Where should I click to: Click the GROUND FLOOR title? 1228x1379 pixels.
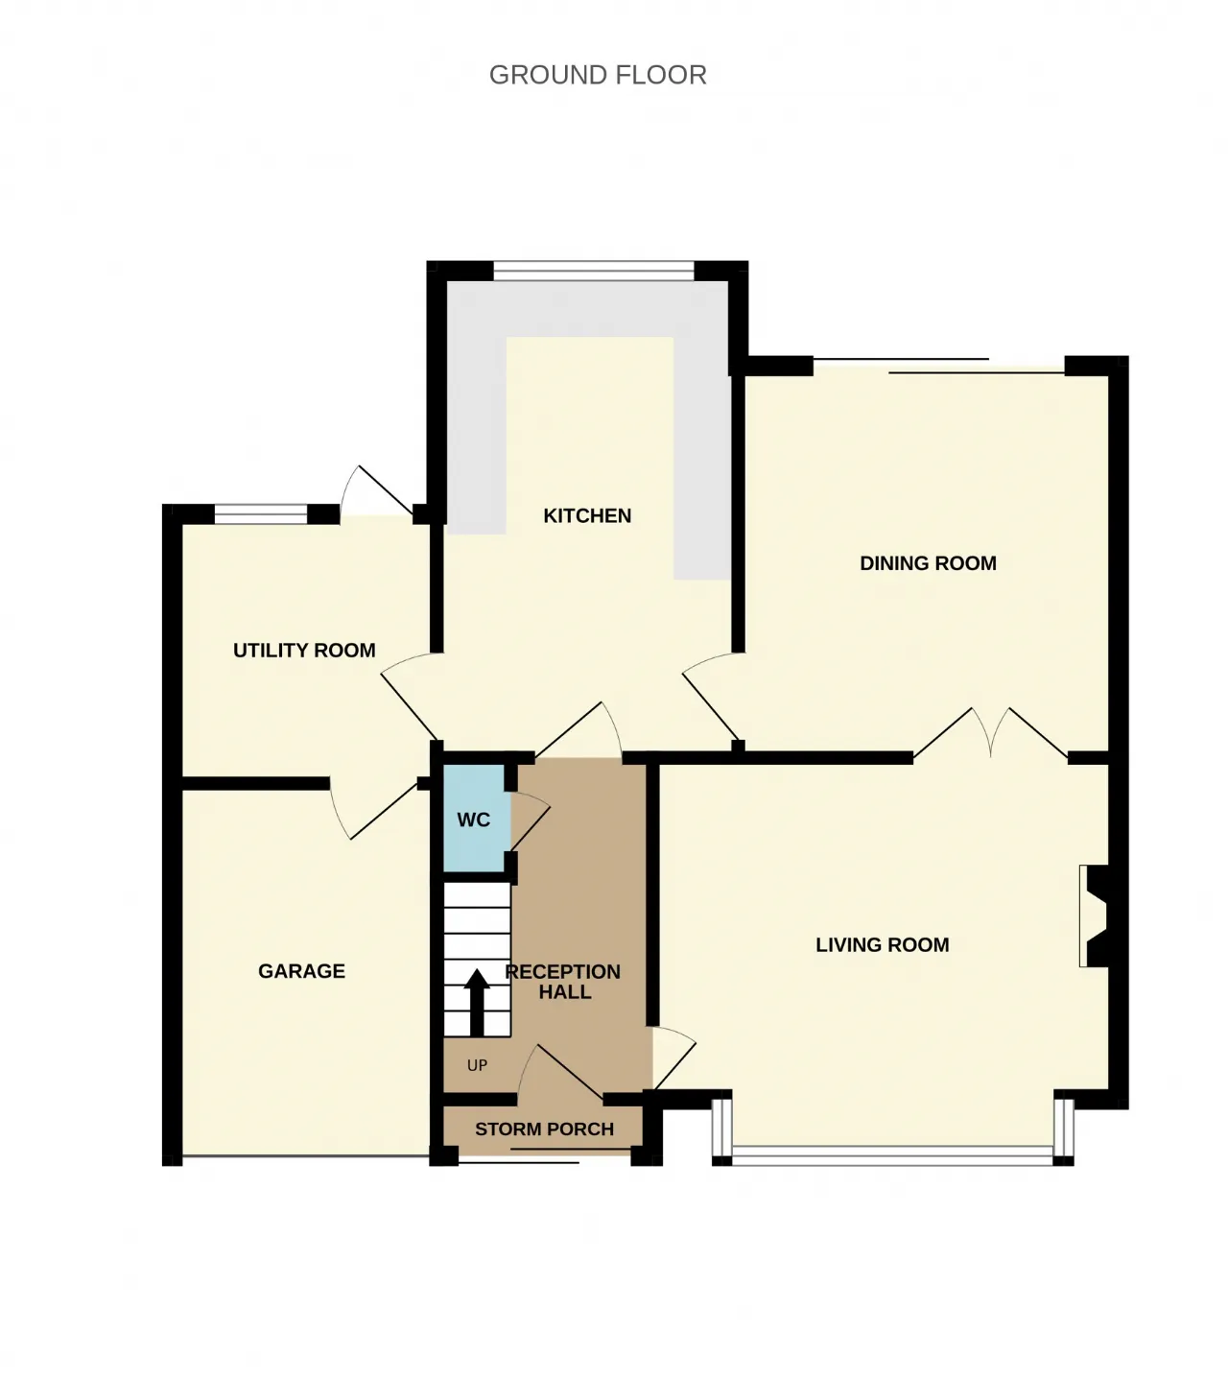click(x=598, y=75)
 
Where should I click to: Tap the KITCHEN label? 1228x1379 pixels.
click(x=587, y=516)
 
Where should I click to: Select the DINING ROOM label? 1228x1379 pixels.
click(x=928, y=563)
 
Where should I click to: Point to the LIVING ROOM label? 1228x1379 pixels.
click(x=883, y=944)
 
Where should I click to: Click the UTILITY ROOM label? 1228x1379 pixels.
click(x=304, y=650)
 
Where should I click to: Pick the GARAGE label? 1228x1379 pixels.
click(x=301, y=970)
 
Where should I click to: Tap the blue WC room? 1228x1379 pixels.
click(x=474, y=819)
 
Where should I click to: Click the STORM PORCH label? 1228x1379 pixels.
click(x=545, y=1129)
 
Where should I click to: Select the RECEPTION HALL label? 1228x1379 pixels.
click(x=563, y=982)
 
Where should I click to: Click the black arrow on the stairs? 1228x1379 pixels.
click(x=477, y=1002)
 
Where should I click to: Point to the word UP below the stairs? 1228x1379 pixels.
click(x=477, y=1065)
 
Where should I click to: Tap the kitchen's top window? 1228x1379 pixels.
click(x=594, y=271)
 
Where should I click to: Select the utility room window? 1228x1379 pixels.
click(x=261, y=514)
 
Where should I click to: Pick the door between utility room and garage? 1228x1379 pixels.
click(x=374, y=810)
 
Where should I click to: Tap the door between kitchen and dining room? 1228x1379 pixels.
click(x=711, y=697)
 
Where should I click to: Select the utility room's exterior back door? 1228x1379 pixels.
click(x=376, y=490)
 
